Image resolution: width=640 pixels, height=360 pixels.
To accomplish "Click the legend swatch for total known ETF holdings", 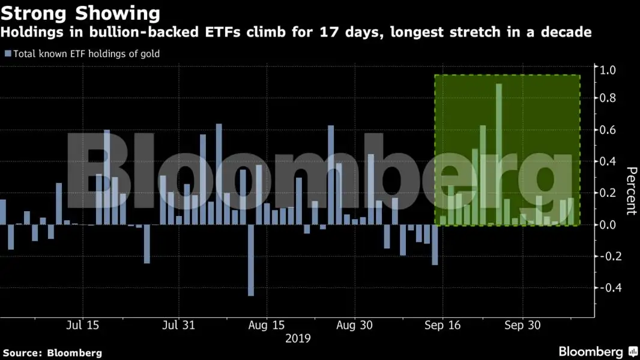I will tap(8, 54).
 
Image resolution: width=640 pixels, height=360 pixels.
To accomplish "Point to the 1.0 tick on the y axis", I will tap(606, 70).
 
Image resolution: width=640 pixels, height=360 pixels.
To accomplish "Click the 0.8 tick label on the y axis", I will tap(606, 98).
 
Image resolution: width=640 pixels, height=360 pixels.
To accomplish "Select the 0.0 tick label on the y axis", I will tap(606, 225).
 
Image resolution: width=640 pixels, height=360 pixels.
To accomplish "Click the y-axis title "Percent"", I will tap(630, 191).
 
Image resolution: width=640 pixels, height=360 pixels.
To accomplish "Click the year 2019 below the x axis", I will tap(298, 338).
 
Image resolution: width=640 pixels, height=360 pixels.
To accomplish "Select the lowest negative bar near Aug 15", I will tap(251, 260).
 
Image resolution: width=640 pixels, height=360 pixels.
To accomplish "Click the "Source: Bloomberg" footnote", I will tap(52, 353).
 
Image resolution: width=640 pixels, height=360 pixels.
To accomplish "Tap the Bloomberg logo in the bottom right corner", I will tap(598, 352).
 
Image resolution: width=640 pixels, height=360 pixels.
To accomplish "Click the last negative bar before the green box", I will tap(435, 245).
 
